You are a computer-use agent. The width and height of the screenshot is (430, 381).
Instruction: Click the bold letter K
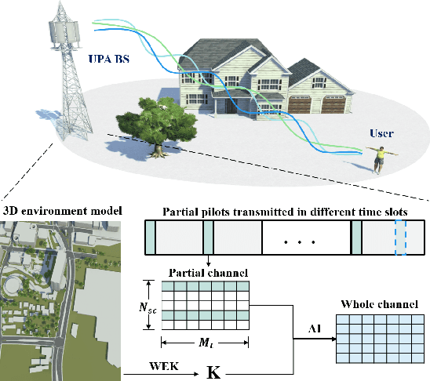tap(211, 370)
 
